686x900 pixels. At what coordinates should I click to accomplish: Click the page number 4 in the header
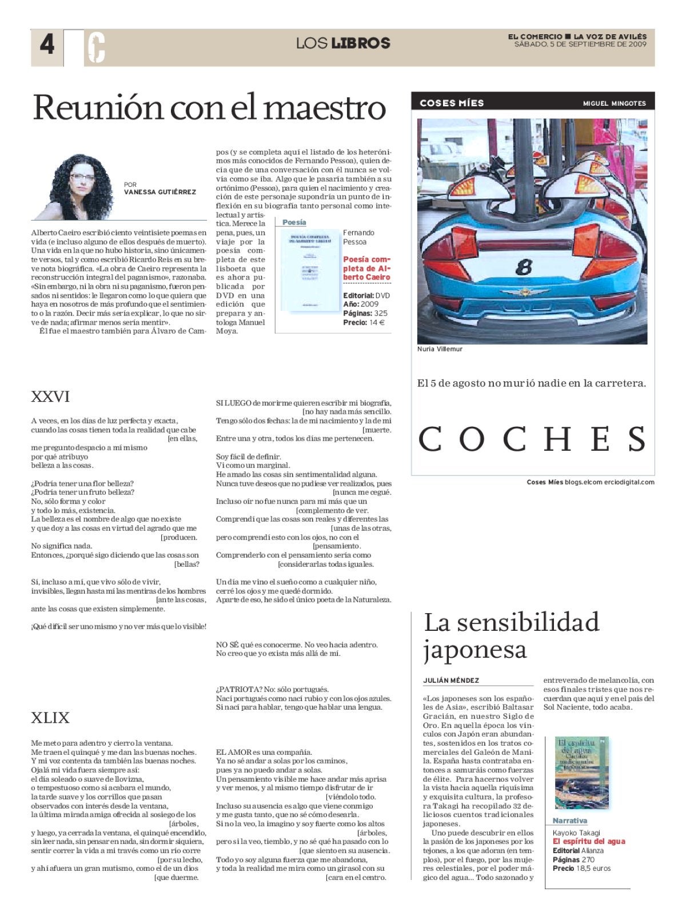click(x=47, y=44)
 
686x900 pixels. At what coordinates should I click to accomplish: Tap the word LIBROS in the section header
click(x=361, y=43)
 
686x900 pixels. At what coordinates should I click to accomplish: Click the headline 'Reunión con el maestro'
click(x=209, y=107)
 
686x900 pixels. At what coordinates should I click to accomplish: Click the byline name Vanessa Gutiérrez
click(x=160, y=192)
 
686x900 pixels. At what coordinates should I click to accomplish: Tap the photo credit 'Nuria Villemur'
click(x=440, y=349)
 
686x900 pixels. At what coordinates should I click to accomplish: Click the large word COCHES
click(x=533, y=439)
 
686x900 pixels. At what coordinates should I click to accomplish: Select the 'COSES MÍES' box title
click(x=452, y=103)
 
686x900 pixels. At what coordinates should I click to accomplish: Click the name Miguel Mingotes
click(x=614, y=103)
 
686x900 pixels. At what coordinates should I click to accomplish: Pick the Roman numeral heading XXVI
click(x=50, y=397)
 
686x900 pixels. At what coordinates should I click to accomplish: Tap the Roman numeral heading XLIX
click(x=50, y=718)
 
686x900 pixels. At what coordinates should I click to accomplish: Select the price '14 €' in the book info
click(x=377, y=322)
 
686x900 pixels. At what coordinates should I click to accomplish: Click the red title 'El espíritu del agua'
click(x=589, y=841)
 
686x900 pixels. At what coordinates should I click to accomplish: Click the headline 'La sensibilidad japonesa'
click(x=511, y=635)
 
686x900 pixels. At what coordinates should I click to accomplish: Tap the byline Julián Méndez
click(x=451, y=681)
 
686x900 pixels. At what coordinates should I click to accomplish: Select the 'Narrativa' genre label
click(x=570, y=821)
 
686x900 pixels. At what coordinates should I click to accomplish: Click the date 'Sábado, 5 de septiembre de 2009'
click(x=580, y=44)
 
